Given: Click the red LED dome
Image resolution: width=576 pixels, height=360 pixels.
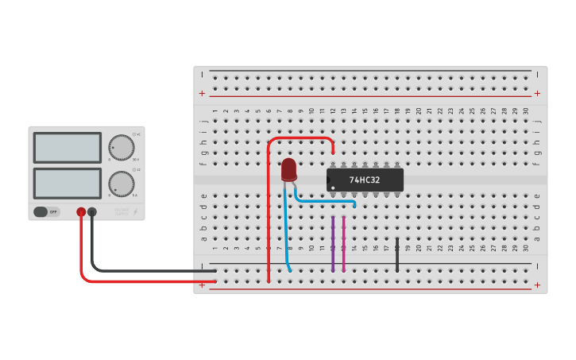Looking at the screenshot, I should pyautogui.click(x=288, y=168).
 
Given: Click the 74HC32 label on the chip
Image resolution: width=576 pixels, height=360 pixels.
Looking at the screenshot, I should pyautogui.click(x=365, y=180).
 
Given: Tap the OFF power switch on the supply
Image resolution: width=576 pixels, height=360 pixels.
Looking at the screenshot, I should pyautogui.click(x=47, y=212).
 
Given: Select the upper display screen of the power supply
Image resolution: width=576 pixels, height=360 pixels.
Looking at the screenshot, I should pyautogui.click(x=67, y=148).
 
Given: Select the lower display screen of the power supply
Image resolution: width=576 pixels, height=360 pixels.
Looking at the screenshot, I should pyautogui.click(x=67, y=184).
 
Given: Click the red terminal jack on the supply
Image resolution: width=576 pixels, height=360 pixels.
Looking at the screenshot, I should pyautogui.click(x=81, y=212).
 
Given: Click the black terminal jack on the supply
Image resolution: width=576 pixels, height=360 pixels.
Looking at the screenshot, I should pyautogui.click(x=92, y=212).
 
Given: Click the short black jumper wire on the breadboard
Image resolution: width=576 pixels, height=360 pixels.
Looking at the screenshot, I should pyautogui.click(x=397, y=254).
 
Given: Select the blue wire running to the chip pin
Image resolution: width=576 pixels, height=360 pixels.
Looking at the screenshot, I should pyautogui.click(x=326, y=201).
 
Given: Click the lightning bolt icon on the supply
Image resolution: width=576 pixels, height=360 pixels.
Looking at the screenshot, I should pyautogui.click(x=136, y=212).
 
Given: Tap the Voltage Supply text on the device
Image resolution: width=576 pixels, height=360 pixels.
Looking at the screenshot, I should pyautogui.click(x=121, y=212).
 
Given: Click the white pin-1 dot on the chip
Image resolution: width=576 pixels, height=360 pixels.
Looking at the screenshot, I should pyautogui.click(x=334, y=188).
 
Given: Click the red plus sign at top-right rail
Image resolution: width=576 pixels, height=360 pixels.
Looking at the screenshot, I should pyautogui.click(x=537, y=93).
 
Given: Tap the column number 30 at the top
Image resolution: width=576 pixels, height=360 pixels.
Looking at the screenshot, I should pyautogui.click(x=526, y=111).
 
